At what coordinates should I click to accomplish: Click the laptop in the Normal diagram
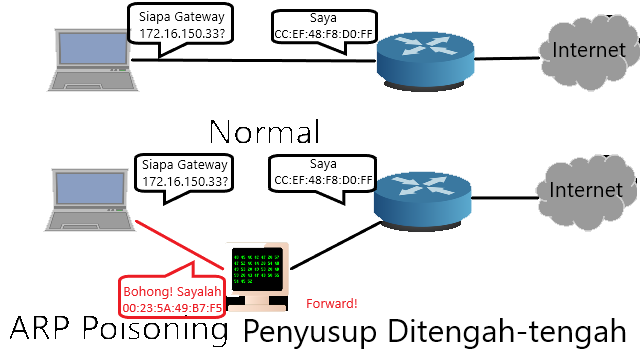coord(93,60)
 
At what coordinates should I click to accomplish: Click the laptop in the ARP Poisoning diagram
coord(90,200)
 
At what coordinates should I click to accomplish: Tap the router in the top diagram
coord(425,62)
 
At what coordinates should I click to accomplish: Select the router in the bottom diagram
coord(423,201)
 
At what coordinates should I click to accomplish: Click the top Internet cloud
coord(589,51)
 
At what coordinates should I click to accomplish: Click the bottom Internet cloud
coord(586,192)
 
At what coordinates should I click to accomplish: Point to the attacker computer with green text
coord(257,277)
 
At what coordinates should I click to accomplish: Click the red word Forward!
coord(331,304)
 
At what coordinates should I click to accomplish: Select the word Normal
coord(264,132)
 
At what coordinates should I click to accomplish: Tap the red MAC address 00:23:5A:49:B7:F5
coord(172,308)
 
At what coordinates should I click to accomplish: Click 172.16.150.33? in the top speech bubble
coord(182,33)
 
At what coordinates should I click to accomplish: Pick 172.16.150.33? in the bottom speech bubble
coord(185,181)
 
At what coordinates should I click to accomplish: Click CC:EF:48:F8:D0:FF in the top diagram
coord(324,34)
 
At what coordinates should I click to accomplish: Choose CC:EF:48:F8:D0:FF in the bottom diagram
coord(324,180)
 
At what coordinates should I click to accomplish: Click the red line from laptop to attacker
coord(180,245)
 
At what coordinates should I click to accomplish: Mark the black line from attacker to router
coord(336,245)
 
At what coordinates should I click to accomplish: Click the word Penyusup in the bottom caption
coord(310,332)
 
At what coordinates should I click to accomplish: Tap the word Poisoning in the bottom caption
coord(155,329)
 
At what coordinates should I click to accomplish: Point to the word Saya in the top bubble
coord(323,18)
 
